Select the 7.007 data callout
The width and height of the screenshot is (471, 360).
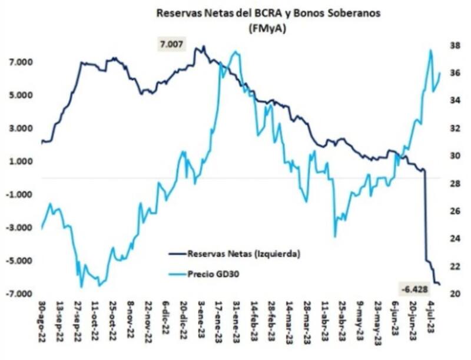[171, 44]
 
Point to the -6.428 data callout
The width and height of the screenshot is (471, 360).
[415, 289]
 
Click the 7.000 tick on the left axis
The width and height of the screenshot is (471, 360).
[20, 62]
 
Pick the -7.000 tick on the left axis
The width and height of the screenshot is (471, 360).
[19, 294]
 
